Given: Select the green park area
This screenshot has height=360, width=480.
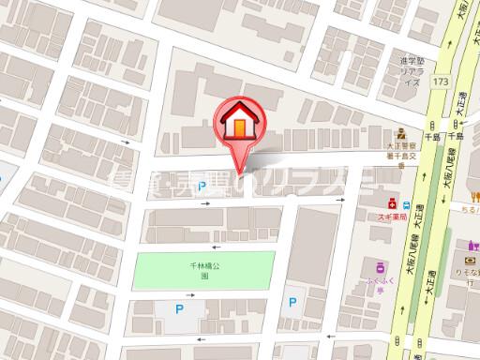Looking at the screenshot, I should (205, 271).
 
